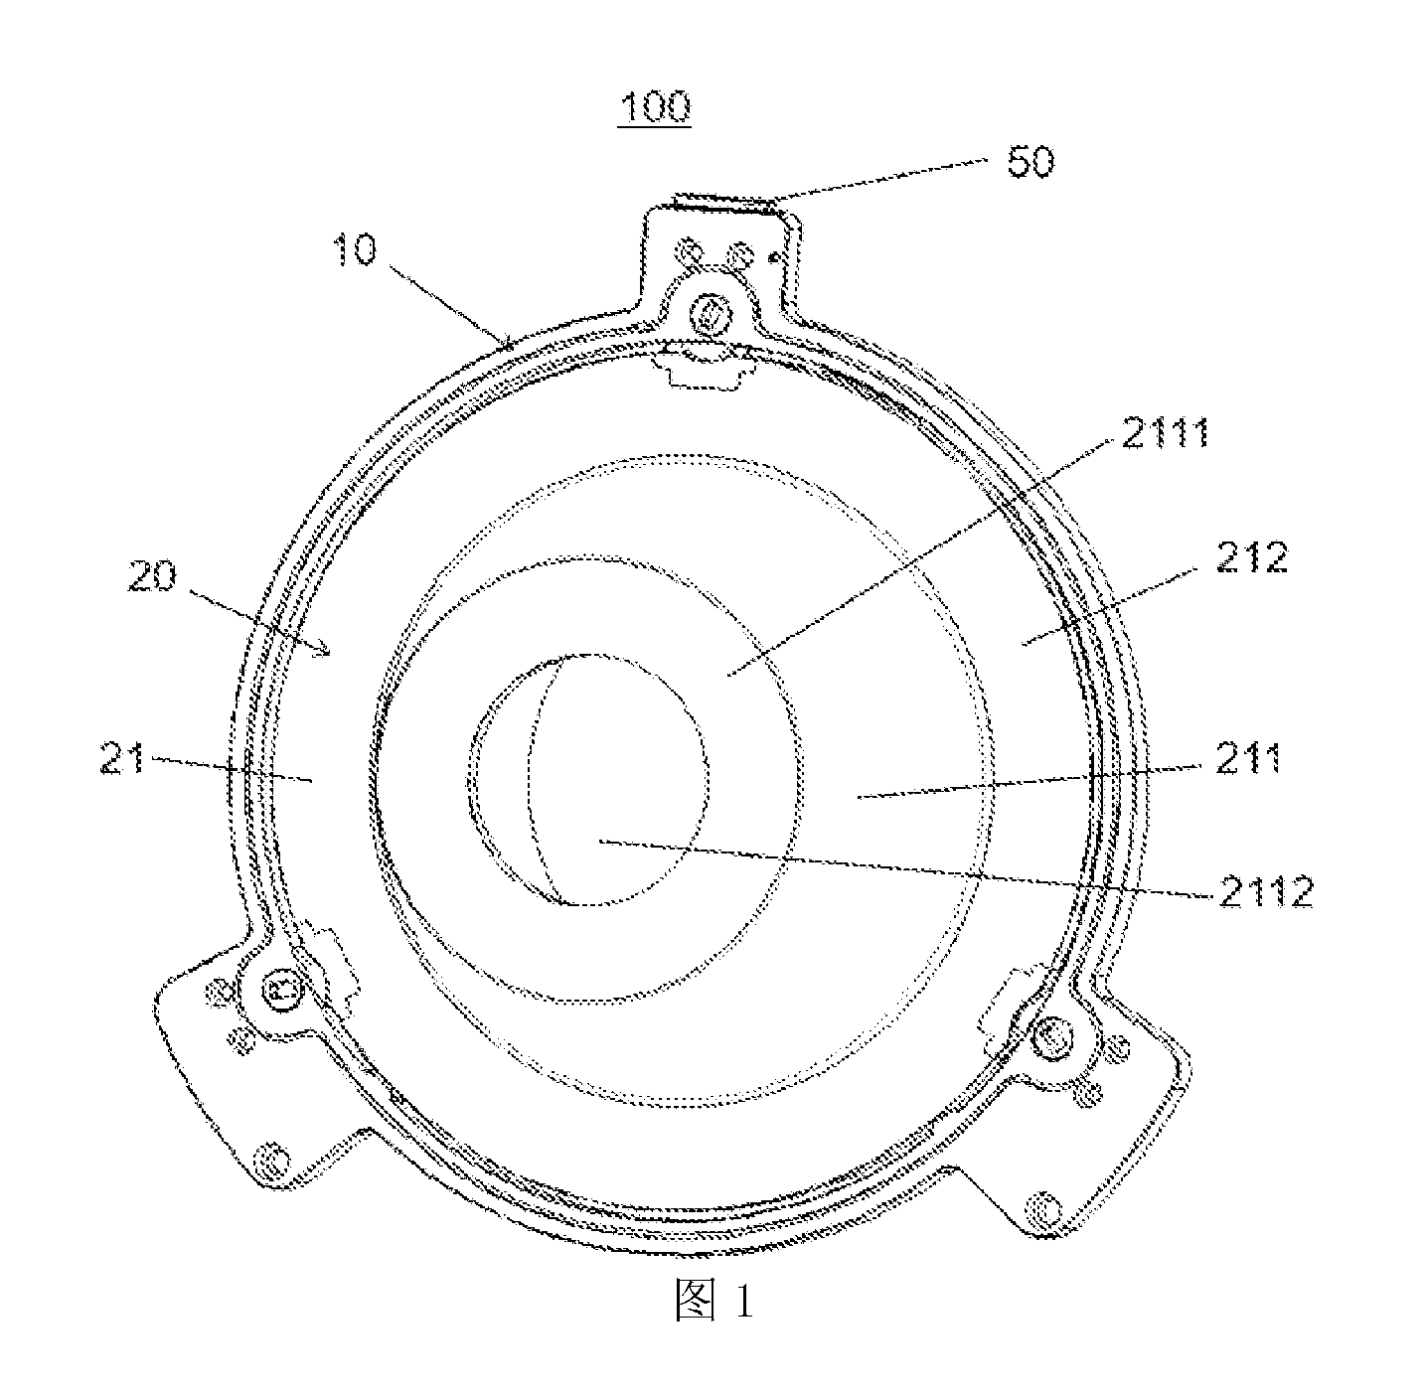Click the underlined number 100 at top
pyautogui.click(x=655, y=107)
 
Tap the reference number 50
pyautogui.click(x=1030, y=161)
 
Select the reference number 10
pyautogui.click(x=354, y=250)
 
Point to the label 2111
pyautogui.click(x=1166, y=433)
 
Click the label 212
pyautogui.click(x=1252, y=557)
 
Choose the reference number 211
pyautogui.click(x=1248, y=759)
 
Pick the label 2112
pyautogui.click(x=1266, y=892)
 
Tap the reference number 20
pyautogui.click(x=152, y=576)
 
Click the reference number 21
pyautogui.click(x=122, y=759)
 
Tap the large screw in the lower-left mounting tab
pyautogui.click(x=282, y=989)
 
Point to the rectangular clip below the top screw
pyautogui.click(x=704, y=366)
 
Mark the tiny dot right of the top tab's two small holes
pyautogui.click(x=774, y=258)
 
